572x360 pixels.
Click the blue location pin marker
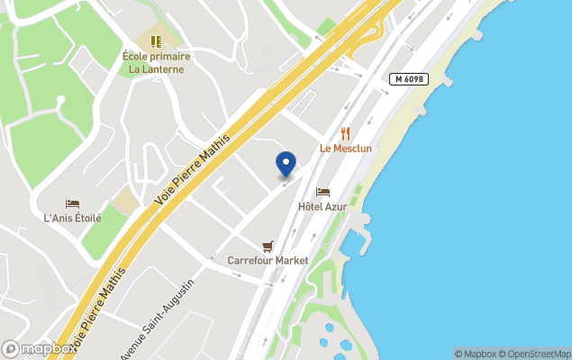pos(286,164)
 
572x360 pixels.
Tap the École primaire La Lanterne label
pos(156,62)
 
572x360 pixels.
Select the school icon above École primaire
pos(156,41)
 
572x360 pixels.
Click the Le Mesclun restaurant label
pos(345,148)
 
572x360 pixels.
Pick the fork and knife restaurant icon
pos(345,133)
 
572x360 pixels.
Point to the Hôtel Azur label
pos(322,207)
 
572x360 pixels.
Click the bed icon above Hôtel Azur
pos(322,192)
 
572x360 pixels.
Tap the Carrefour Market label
pos(268,260)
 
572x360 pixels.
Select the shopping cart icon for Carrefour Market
pos(268,246)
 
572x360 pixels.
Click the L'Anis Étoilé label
pos(72,218)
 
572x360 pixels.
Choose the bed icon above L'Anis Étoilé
pos(72,204)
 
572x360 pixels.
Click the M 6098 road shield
pos(409,79)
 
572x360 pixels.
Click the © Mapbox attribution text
pos(475,354)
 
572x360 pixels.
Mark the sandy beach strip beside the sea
pos(423,99)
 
